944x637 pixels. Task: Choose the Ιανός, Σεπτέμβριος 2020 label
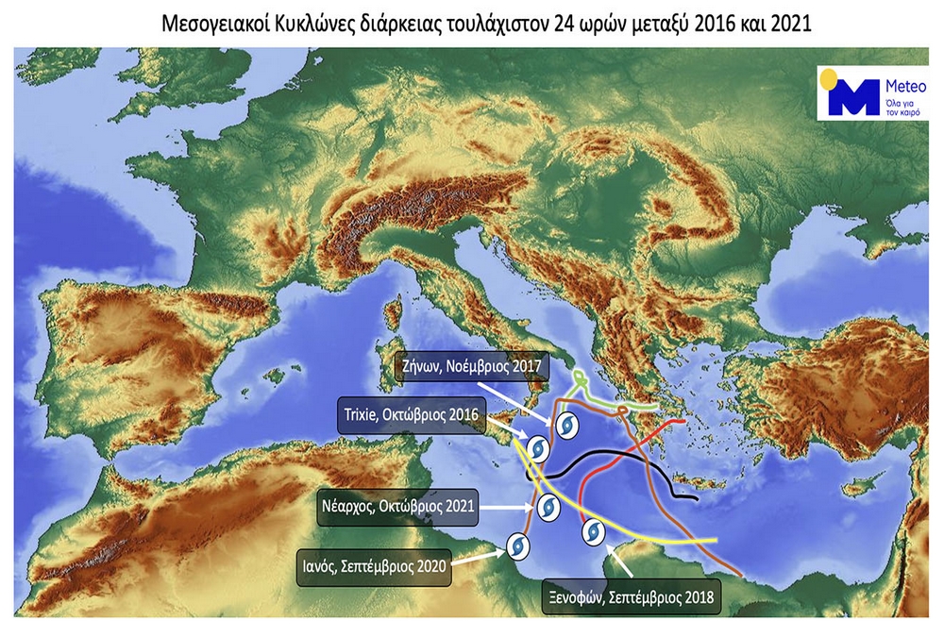point(373,567)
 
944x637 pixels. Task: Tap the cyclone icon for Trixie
point(536,447)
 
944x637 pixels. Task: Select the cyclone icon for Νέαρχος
point(548,508)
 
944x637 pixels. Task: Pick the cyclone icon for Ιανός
point(517,545)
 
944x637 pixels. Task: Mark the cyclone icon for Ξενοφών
point(593,531)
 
